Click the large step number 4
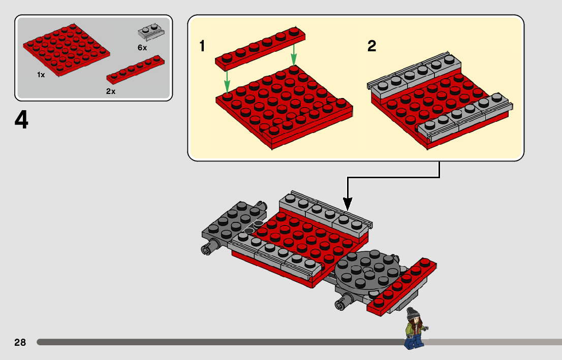pyautogui.click(x=21, y=120)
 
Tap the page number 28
pyautogui.click(x=20, y=342)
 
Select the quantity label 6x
pyautogui.click(x=142, y=48)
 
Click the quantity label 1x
pyautogui.click(x=41, y=75)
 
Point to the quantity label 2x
pyautogui.click(x=111, y=91)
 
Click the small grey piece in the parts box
pyautogui.click(x=151, y=32)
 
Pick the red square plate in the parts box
pyautogui.click(x=66, y=50)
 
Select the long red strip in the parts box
pyautogui.click(x=136, y=70)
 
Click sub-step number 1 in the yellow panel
pyautogui.click(x=202, y=46)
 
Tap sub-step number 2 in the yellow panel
pyautogui.click(x=371, y=46)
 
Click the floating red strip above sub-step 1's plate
pyautogui.click(x=260, y=48)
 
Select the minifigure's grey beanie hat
pyautogui.click(x=412, y=313)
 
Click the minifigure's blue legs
pyautogui.click(x=414, y=342)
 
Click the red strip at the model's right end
pyautogui.click(x=402, y=287)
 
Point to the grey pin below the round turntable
pyautogui.click(x=343, y=301)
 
